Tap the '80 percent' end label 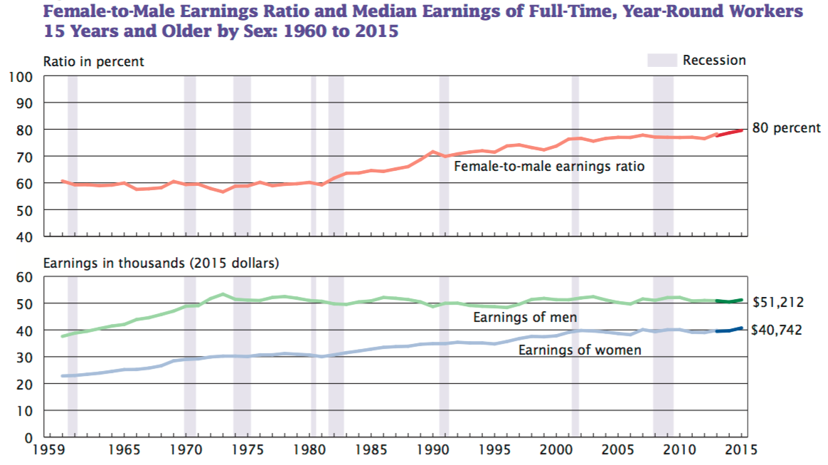click(x=786, y=128)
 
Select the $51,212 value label click(x=778, y=302)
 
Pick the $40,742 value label click(x=778, y=330)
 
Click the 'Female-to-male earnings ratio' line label click(x=549, y=167)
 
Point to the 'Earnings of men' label click(x=525, y=317)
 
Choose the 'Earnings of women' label click(x=580, y=350)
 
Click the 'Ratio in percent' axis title click(x=93, y=61)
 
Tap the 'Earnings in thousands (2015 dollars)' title click(x=161, y=263)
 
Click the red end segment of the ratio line click(x=731, y=132)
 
